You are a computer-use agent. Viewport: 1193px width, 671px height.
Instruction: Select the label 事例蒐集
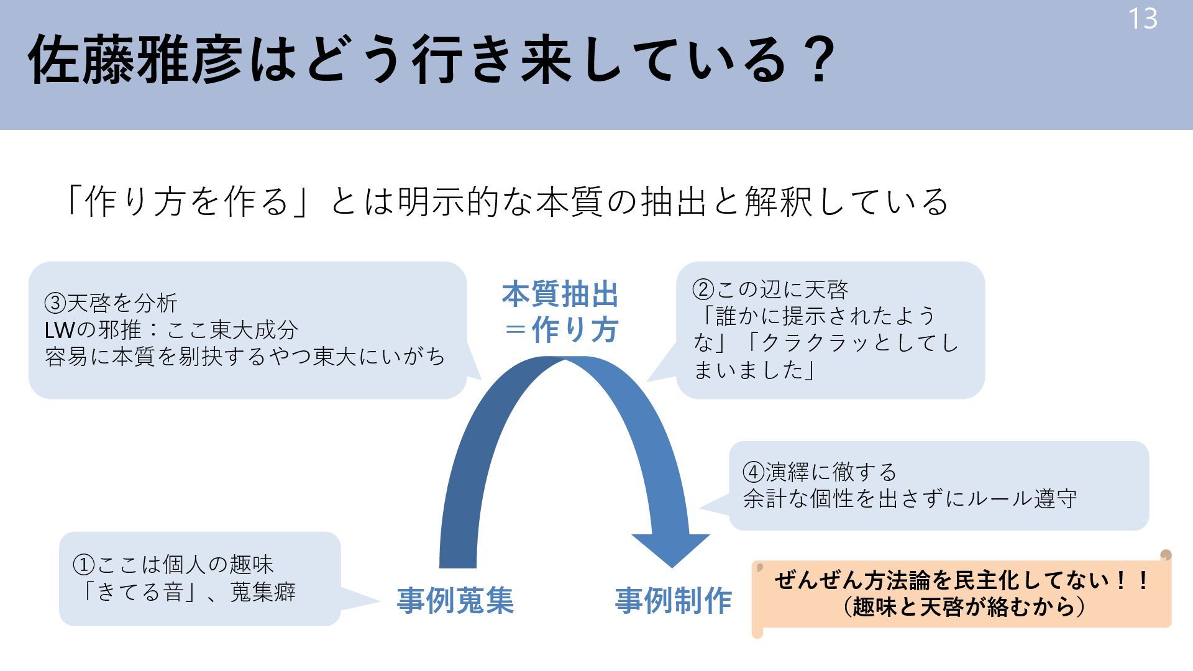coord(455,601)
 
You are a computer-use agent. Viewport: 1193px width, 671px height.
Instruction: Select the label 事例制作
coord(674,601)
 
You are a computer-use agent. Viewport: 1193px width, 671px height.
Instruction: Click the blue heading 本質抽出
coord(560,294)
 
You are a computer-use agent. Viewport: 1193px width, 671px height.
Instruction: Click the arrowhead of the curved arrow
coord(671,549)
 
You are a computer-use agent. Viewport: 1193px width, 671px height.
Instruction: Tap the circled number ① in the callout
coord(84,565)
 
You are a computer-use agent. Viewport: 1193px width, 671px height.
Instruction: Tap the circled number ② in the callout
coord(703,290)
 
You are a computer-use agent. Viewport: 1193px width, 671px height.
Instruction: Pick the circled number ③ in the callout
coord(55,303)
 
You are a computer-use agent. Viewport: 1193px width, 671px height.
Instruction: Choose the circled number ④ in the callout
coord(754,472)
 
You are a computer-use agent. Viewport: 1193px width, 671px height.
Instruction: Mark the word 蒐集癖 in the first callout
coord(263,592)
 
